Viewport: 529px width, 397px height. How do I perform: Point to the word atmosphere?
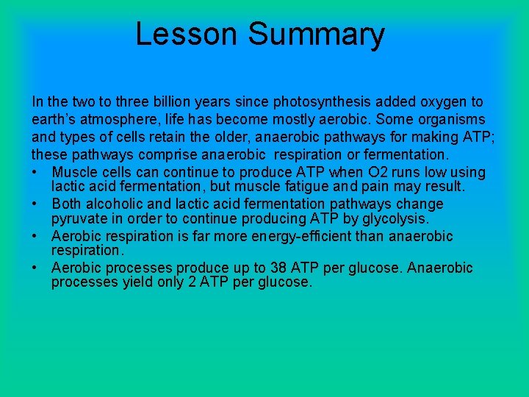(112, 119)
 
